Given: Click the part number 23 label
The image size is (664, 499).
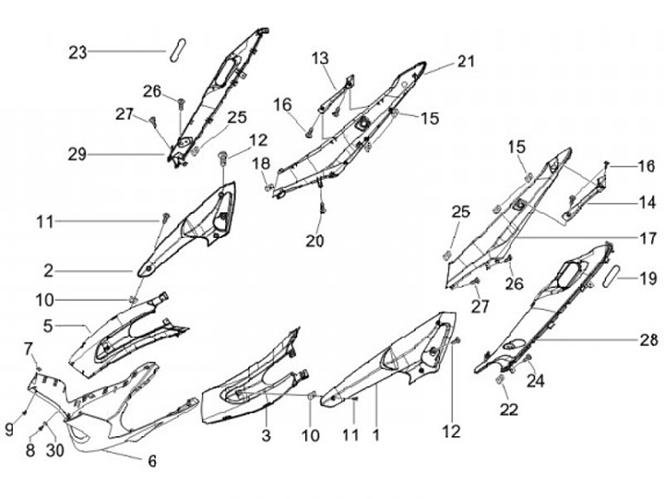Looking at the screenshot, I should pyautogui.click(x=77, y=53).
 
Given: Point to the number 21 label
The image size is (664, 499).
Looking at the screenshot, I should pyautogui.click(x=465, y=62).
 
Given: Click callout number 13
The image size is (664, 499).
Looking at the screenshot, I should pyautogui.click(x=319, y=58).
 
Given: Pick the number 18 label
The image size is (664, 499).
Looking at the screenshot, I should pyautogui.click(x=262, y=163).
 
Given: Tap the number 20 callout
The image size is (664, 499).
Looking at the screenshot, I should pyautogui.click(x=314, y=241).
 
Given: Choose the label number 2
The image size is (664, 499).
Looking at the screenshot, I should pyautogui.click(x=47, y=271).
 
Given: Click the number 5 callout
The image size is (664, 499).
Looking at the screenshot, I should pyautogui.click(x=47, y=325).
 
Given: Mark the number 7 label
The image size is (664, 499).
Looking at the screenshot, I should pyautogui.click(x=29, y=348).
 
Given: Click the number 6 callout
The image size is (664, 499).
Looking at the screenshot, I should pyautogui.click(x=152, y=460).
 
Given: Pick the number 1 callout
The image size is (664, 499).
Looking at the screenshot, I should pyautogui.click(x=374, y=432).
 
